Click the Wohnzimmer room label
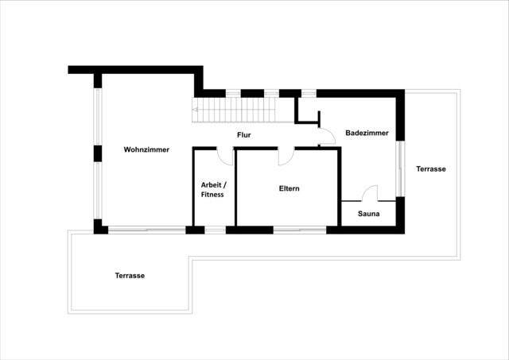[146, 149]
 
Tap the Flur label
[244, 135]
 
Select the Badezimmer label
[367, 133]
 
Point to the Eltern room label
[289, 188]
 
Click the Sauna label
[368, 214]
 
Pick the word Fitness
[212, 194]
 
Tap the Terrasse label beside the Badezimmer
[431, 168]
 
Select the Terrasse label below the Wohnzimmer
[130, 275]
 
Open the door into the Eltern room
[286, 156]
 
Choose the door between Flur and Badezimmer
[324, 137]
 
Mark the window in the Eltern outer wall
[299, 230]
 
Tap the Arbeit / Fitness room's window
[215, 230]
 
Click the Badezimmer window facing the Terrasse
[400, 168]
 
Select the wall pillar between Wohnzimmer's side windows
[98, 153]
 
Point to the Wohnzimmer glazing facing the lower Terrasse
[147, 230]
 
